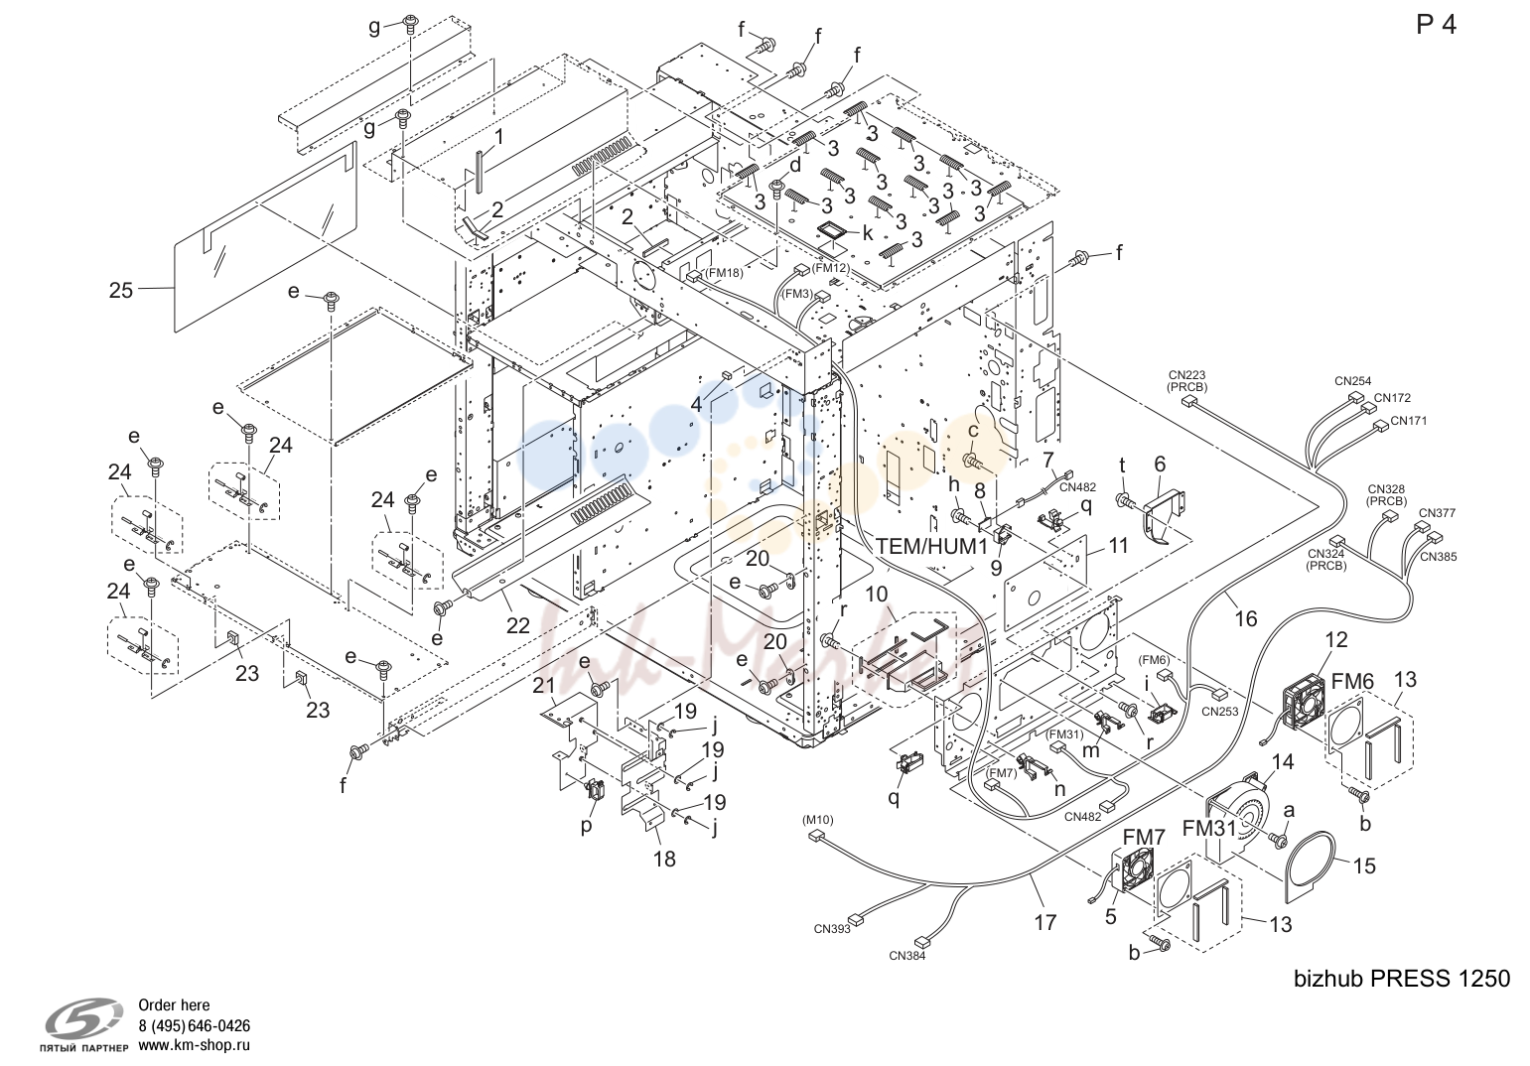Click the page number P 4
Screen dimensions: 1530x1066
[1437, 25]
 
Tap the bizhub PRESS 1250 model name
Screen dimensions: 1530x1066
[1402, 979]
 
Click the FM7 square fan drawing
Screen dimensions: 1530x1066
[1134, 870]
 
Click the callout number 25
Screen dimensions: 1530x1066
[121, 290]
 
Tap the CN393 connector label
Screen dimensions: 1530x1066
[832, 929]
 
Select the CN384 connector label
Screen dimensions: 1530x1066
[907, 956]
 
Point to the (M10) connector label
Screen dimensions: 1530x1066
[817, 820]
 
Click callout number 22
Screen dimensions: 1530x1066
[517, 625]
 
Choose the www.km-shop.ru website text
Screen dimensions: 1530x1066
[194, 1045]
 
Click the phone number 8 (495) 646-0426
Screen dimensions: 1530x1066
[194, 1025]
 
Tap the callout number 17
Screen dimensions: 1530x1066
[1045, 923]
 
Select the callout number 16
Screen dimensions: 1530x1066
[1246, 618]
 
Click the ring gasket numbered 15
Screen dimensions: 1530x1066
[1310, 864]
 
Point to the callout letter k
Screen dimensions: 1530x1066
[868, 233]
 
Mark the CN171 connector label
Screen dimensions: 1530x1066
[1409, 421]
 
